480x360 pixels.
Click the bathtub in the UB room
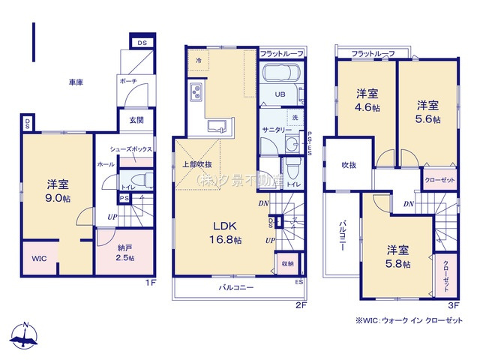pyautogui.click(x=281, y=76)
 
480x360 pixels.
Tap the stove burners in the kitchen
pyautogui.click(x=196, y=94)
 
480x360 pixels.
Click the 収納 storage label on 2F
pyautogui.click(x=288, y=263)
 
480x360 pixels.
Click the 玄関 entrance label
pyautogui.click(x=136, y=120)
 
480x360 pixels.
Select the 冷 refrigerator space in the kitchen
pyautogui.click(x=198, y=60)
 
